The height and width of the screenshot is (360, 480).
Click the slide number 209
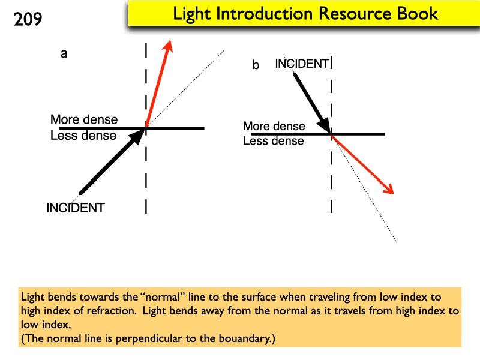28,19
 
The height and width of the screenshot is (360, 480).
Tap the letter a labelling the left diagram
64,54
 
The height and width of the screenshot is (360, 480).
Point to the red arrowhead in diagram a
169,46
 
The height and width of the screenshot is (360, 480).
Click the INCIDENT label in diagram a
76,208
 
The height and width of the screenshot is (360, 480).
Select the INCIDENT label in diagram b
302,64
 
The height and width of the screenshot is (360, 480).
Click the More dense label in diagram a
84,119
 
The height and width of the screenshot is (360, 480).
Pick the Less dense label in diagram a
83,136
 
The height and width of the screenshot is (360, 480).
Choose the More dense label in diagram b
274,127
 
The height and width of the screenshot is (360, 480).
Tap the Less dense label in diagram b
273,142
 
